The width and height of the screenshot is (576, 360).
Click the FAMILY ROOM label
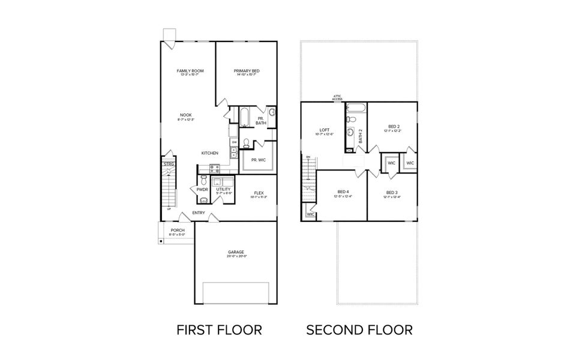(x=190, y=71)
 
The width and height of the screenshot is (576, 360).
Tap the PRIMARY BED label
(x=247, y=71)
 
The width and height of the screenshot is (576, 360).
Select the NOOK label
(x=186, y=115)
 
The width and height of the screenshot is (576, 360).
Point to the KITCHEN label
(x=209, y=153)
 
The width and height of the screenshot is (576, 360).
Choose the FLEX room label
(x=259, y=193)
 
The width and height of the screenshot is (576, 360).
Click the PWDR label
(x=202, y=190)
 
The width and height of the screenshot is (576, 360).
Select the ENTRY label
(x=199, y=213)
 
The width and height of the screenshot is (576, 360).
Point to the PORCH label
(x=178, y=230)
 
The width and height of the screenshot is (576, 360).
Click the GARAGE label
(x=236, y=252)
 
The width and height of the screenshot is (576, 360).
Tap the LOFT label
(x=325, y=130)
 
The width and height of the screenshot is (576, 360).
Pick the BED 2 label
(x=394, y=126)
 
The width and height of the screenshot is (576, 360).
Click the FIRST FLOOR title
(x=219, y=329)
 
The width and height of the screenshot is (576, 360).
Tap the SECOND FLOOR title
(x=359, y=329)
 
